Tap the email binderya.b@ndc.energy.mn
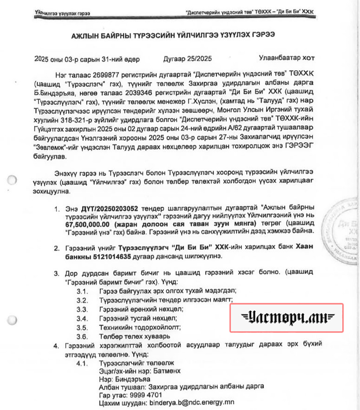[x=191, y=402]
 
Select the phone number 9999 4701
[x=146, y=395]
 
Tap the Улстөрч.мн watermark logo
[x=287, y=318]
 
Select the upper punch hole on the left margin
[x=12, y=180]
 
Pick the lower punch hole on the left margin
[x=12, y=319]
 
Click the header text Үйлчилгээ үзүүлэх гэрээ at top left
[x=62, y=14]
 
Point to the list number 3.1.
[x=83, y=291]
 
